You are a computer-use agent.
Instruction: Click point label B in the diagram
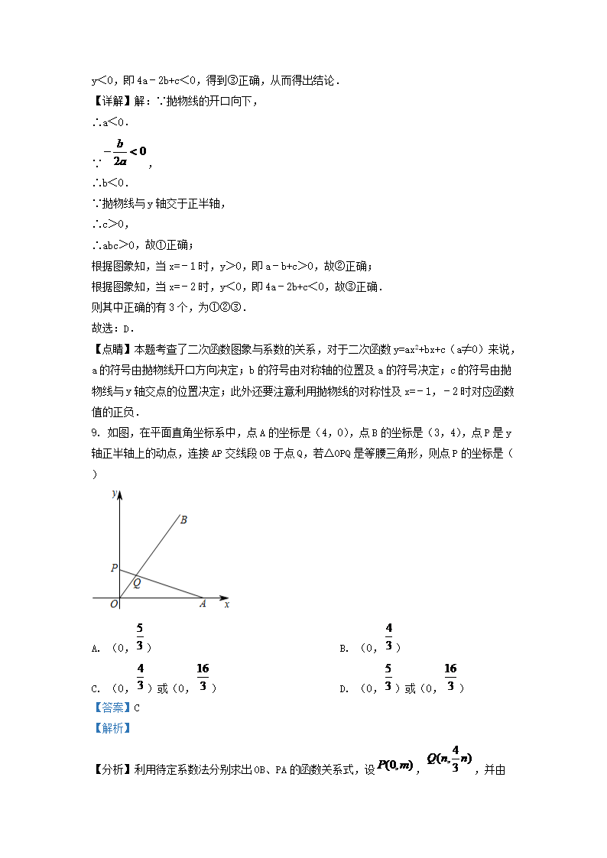184,520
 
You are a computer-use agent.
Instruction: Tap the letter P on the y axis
113,568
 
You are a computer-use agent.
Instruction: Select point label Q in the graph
137,584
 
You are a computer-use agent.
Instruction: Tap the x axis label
227,604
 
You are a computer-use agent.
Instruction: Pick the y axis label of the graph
113,494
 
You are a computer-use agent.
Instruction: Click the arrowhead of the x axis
225,597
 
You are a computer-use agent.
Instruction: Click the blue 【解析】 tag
111,728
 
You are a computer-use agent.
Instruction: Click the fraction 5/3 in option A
140,637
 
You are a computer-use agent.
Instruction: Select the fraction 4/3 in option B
388,637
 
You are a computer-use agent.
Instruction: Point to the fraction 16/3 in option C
203,677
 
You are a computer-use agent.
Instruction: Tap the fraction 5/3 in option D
388,677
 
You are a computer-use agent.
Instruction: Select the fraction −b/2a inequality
122,151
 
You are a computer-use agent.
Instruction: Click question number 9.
95,432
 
